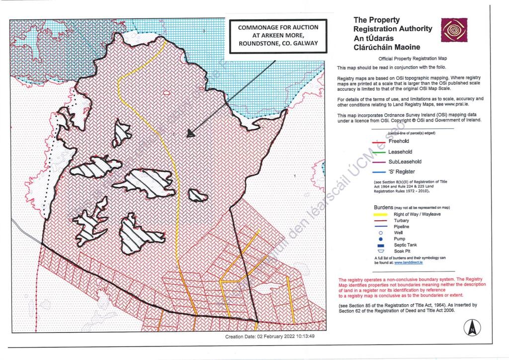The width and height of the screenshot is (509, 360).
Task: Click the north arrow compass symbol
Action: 472,328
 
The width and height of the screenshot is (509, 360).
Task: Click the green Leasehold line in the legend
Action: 380,152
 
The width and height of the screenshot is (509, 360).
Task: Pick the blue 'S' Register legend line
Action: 380,172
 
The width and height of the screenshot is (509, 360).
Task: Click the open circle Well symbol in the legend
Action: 380,232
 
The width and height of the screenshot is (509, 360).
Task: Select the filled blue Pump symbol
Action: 380,239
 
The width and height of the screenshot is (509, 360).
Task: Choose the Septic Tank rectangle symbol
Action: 380,245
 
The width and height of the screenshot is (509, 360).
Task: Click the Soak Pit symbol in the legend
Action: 380,251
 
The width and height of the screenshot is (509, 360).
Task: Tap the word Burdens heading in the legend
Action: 383,207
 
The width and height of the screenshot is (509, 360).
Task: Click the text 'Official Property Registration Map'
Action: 413,59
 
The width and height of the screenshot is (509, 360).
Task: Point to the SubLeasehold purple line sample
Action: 380,162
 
